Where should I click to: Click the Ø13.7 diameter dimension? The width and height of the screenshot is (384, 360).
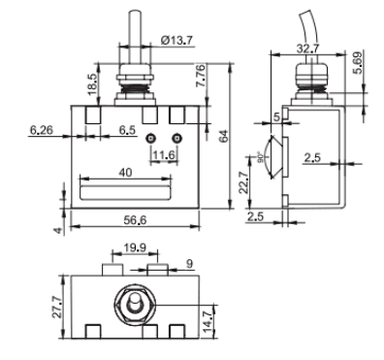tap(176, 41)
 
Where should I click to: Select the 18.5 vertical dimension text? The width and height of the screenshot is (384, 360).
tap(92, 84)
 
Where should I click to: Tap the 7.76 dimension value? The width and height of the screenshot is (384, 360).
tap(200, 76)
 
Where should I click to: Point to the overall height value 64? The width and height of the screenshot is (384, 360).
tap(224, 136)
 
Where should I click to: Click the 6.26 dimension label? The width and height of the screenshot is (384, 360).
tap(41, 130)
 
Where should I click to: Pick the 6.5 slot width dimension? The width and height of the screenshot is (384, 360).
tap(127, 130)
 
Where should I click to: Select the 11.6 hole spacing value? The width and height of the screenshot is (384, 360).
tap(165, 155)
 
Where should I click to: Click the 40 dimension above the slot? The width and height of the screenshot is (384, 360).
tap(125, 173)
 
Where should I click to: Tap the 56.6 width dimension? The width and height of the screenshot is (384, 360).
tap(135, 220)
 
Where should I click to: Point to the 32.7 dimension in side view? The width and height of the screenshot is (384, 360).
tap(307, 49)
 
